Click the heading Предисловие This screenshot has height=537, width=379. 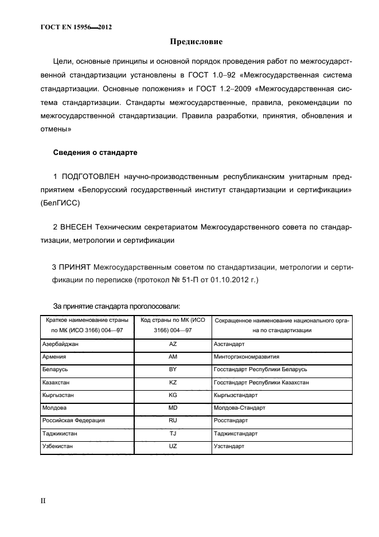pyautogui.click(x=196, y=42)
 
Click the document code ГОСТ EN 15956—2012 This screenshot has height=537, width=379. pyautogui.click(x=76, y=26)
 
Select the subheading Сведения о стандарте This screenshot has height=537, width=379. pyautogui.click(x=95, y=153)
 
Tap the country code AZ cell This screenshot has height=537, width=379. pyautogui.click(x=173, y=344)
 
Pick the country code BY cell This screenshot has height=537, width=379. pyautogui.click(x=173, y=369)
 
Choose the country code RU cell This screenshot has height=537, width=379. pyautogui.click(x=173, y=421)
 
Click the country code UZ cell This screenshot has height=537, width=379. pyautogui.click(x=173, y=446)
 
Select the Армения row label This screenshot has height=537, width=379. pyautogui.click(x=55, y=357)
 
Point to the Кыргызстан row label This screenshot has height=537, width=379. pyautogui.click(x=58, y=395)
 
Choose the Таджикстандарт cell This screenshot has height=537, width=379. pyautogui.click(x=236, y=433)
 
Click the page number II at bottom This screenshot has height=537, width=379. pyautogui.click(x=42, y=501)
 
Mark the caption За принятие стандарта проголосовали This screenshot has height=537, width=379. pyautogui.click(x=117, y=306)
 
